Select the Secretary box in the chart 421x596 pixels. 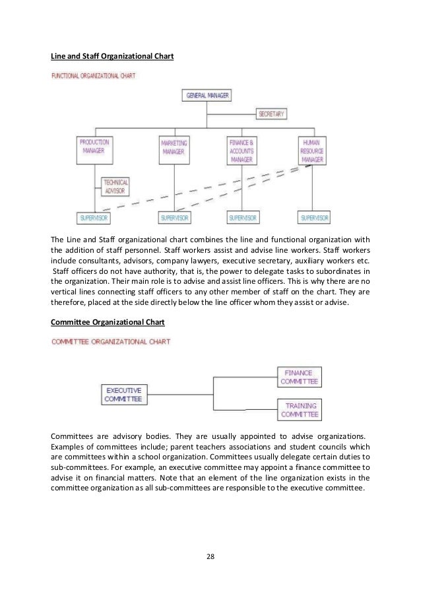(271, 114)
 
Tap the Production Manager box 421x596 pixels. (94, 150)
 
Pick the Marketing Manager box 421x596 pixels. (173, 150)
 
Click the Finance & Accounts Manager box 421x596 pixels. (241, 150)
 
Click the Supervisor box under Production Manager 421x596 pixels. (94, 217)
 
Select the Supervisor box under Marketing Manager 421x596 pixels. (176, 217)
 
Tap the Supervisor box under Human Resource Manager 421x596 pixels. (315, 217)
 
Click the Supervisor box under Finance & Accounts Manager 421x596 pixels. (243, 217)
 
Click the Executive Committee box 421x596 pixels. (123, 394)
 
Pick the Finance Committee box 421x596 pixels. (298, 377)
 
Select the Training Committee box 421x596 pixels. (298, 410)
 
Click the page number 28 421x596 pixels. (210, 556)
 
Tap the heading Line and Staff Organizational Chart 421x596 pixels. (112, 57)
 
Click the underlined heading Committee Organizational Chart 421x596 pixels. (108, 323)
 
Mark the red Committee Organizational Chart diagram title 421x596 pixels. (111, 342)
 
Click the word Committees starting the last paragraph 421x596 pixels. (71, 436)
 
